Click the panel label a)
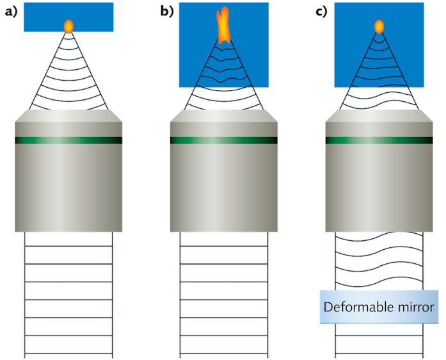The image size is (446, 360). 11,12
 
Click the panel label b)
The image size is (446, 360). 167,12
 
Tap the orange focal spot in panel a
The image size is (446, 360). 68,26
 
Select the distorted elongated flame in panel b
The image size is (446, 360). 223,26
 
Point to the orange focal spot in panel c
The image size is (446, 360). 379,26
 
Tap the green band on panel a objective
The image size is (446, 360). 68,140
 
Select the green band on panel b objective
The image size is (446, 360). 223,140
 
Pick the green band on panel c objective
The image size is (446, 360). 379,140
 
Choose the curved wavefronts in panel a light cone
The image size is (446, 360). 68,77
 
